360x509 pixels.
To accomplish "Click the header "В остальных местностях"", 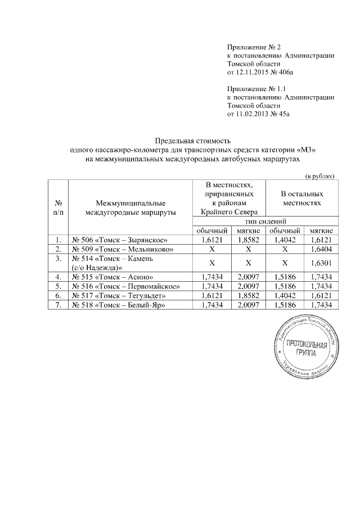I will pos(301,197).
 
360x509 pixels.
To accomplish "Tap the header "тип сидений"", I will pos(263,222).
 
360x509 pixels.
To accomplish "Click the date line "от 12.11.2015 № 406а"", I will pos(260,73).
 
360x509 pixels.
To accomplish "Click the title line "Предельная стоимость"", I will pos(193,141).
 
